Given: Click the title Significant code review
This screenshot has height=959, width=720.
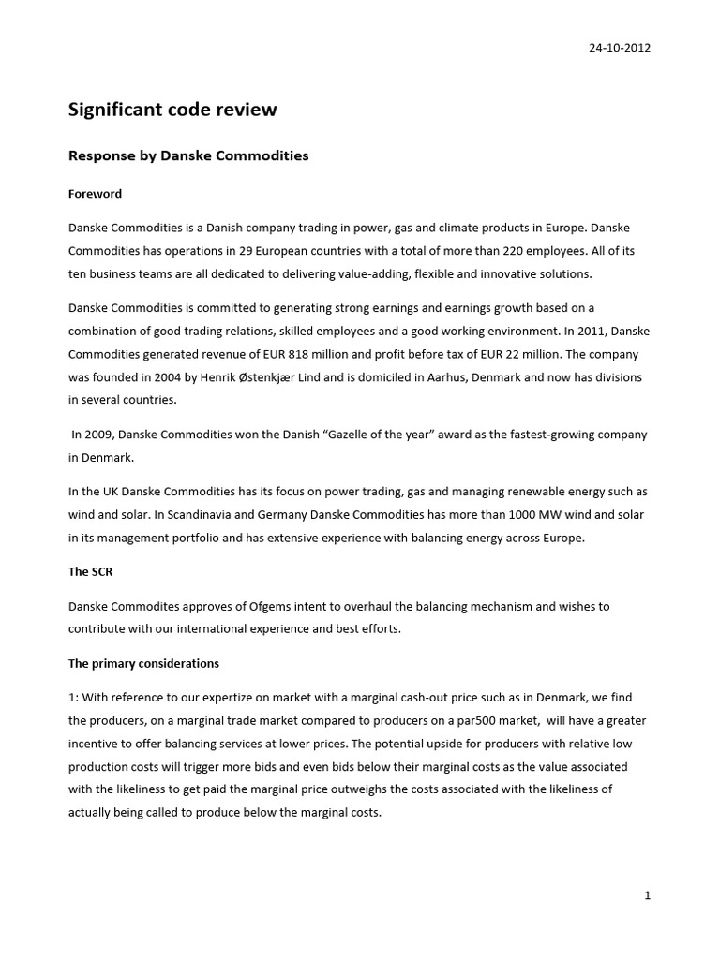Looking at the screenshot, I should point(172,110).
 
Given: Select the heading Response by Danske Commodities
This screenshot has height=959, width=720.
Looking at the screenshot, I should point(188,155).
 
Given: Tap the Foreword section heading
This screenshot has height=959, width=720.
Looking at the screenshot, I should point(95,194).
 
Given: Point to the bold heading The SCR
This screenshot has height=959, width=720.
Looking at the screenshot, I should point(90,571).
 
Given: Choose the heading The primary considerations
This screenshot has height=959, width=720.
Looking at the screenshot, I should point(143,663).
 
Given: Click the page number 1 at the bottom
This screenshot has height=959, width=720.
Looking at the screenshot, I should point(647,895).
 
